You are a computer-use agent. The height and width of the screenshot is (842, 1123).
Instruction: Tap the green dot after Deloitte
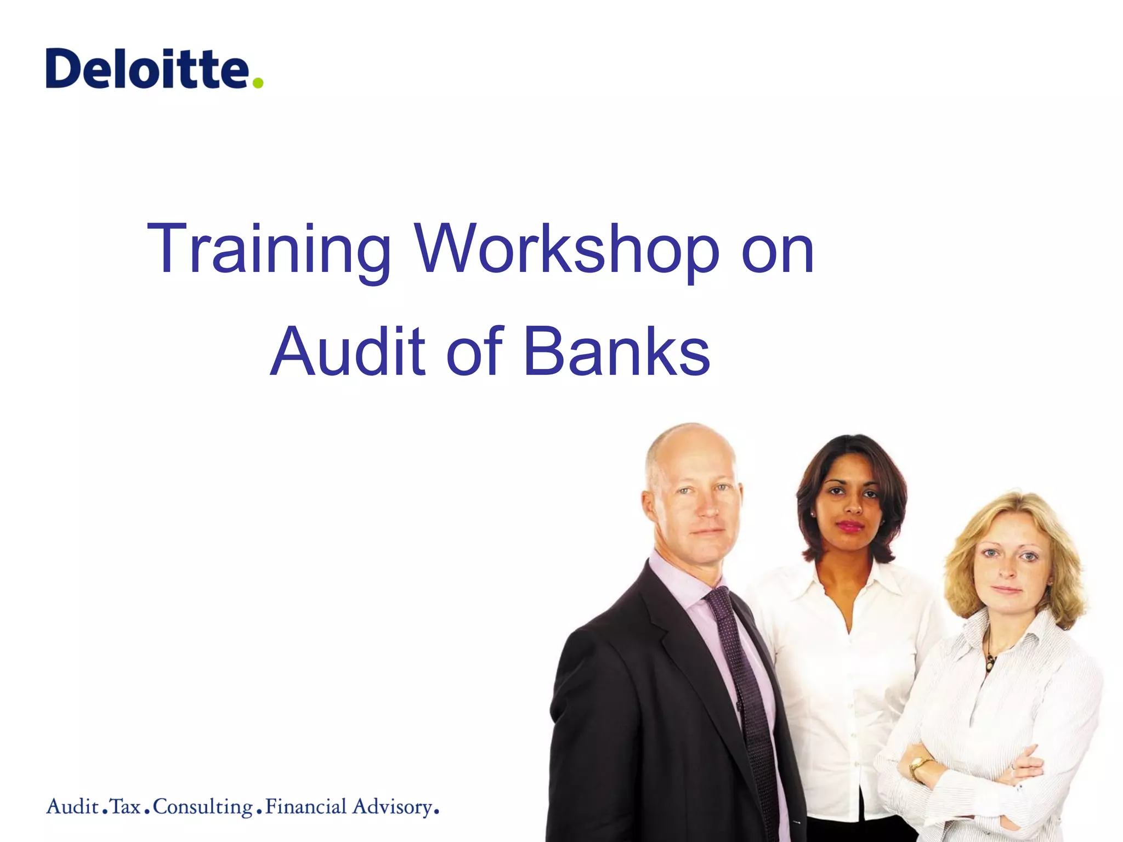tap(258, 82)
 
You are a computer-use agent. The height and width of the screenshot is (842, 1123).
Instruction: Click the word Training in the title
tap(269, 249)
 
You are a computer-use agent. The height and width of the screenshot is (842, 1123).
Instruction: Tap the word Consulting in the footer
tap(203, 807)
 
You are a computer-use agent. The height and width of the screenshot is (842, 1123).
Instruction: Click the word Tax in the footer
tap(126, 807)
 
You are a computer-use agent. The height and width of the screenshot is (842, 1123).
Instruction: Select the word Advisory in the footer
tap(393, 807)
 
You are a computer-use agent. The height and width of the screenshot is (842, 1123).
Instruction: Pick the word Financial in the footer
tap(306, 807)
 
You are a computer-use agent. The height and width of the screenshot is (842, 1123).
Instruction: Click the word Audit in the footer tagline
tap(72, 807)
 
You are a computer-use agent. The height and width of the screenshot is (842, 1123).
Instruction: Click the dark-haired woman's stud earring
tap(812, 515)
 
